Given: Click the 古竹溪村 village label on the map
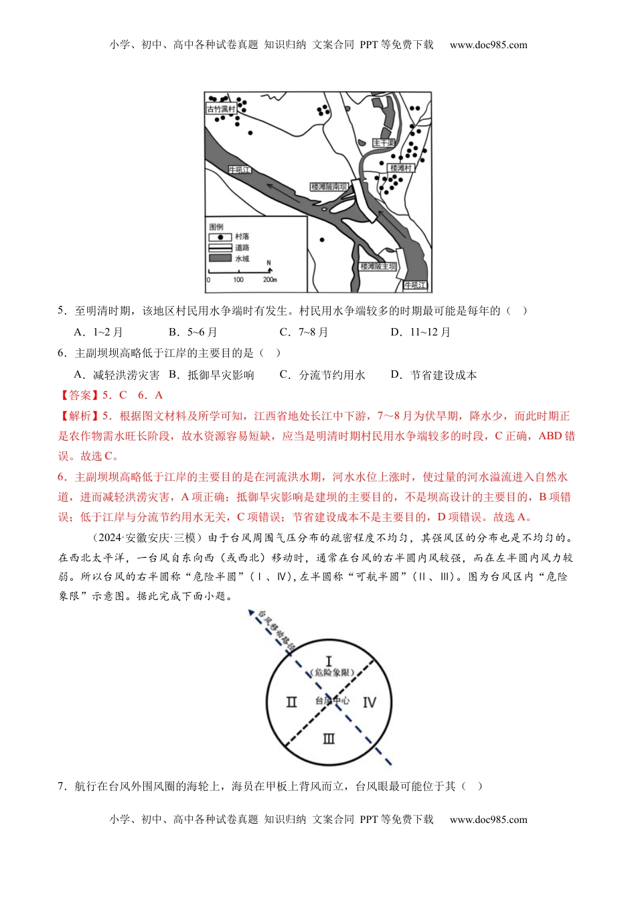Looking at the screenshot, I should [220, 109].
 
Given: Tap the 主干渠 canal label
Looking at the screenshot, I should [384, 143].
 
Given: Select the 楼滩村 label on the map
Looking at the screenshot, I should [401, 167].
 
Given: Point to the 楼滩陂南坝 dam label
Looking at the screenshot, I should [328, 187].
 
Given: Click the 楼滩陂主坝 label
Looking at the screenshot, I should [378, 266].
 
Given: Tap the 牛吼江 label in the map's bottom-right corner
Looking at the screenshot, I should [414, 285].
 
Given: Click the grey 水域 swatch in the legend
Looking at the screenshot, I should [220, 258].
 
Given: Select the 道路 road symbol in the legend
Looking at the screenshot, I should [220, 248].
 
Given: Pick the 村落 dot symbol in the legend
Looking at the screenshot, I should [220, 237].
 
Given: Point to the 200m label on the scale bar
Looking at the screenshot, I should [269, 280].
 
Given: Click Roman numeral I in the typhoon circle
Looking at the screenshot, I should [328, 662].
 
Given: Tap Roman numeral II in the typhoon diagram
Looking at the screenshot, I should [291, 702].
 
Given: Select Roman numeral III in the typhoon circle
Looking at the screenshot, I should [329, 739].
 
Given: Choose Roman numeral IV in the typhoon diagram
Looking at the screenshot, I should [370, 702].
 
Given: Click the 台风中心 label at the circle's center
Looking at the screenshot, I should [332, 700].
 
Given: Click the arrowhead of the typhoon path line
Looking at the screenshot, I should [250, 612].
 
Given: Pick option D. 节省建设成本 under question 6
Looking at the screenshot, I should [433, 375].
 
